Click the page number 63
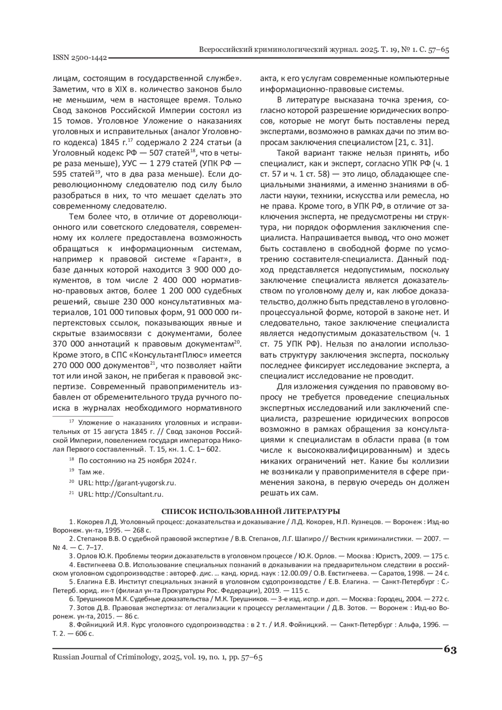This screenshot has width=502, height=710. pyautogui.click(x=450, y=649)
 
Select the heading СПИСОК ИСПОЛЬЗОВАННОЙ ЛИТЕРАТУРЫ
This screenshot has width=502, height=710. pyautogui.click(x=251, y=511)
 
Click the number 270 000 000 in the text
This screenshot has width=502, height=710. pyautogui.click(x=78, y=365)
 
